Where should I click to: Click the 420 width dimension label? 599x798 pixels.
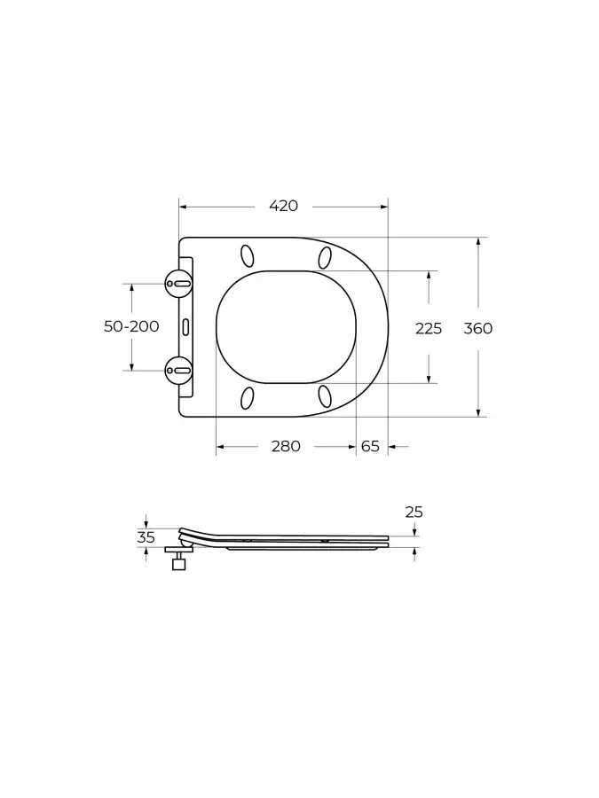click(284, 206)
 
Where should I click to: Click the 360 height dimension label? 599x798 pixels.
click(477, 328)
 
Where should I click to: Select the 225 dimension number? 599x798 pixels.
click(429, 329)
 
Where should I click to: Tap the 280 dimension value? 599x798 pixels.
click(286, 446)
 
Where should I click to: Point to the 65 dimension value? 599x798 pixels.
click(370, 446)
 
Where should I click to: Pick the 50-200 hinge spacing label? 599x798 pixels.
click(131, 326)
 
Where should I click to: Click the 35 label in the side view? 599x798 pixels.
click(146, 537)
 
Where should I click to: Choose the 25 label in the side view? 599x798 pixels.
click(414, 512)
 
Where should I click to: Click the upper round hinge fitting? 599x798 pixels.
click(178, 284)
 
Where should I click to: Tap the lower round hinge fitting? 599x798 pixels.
click(178, 371)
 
